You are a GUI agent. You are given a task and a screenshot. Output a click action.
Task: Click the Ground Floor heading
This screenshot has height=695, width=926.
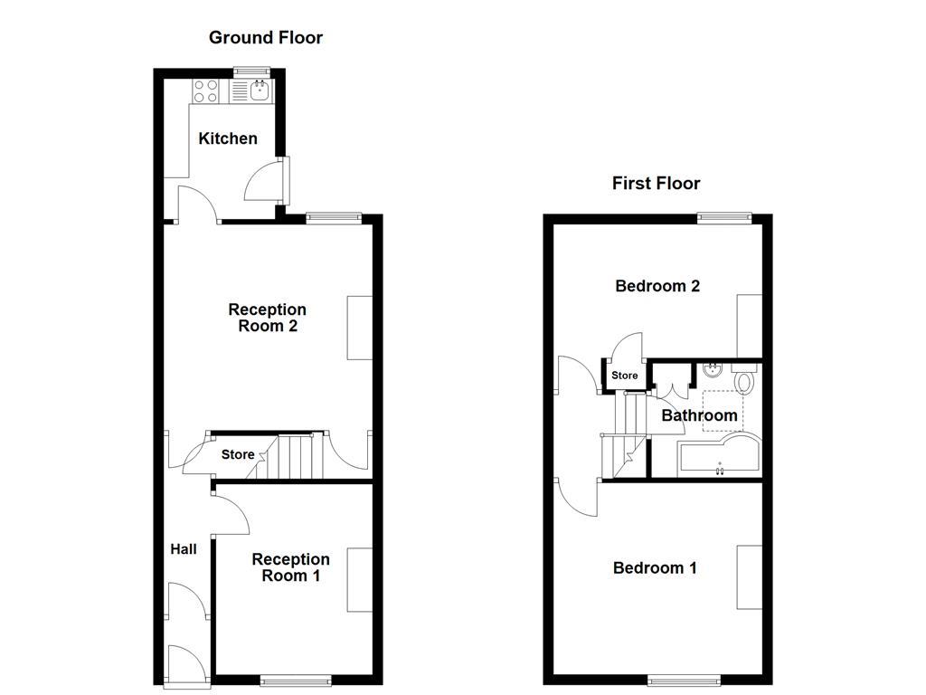click(265, 37)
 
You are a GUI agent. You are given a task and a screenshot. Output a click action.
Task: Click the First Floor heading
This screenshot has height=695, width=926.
click(656, 184)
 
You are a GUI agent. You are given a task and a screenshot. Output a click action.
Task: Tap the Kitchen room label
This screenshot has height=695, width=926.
click(228, 138)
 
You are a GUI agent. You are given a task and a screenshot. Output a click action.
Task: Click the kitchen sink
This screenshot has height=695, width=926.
click(260, 90)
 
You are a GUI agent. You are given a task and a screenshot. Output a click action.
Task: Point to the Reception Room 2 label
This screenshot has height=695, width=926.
click(267, 318)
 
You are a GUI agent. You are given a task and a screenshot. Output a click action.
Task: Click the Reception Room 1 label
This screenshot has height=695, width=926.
click(290, 567)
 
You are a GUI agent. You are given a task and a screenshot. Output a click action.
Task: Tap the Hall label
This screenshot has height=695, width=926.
click(184, 548)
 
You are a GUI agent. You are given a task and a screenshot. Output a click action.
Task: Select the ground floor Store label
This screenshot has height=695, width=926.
click(238, 454)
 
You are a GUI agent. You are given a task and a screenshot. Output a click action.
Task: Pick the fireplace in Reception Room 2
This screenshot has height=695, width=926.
click(360, 327)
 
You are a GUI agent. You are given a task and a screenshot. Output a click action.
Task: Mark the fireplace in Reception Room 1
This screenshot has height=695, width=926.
click(360, 580)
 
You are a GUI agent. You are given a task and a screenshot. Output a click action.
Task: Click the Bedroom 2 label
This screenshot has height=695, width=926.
click(657, 286)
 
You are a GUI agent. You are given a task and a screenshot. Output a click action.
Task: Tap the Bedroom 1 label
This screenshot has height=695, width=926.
click(655, 568)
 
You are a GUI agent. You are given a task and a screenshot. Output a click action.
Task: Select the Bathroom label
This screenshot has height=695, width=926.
click(699, 415)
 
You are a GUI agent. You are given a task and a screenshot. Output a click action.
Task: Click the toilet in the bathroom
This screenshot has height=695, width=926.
click(744, 379)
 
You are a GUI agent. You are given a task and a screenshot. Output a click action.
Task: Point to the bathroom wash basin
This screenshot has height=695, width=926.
click(712, 369)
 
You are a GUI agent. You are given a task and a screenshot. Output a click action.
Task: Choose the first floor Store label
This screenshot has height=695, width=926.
click(625, 376)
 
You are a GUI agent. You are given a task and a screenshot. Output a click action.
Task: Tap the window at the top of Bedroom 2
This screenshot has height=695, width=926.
click(724, 216)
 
